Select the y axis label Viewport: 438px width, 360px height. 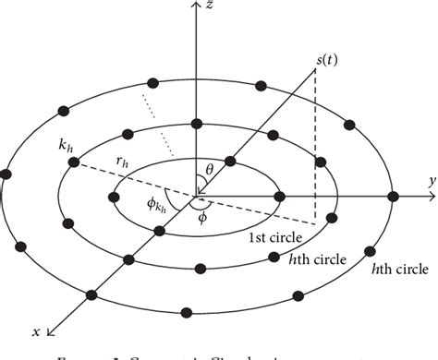pos(431,185)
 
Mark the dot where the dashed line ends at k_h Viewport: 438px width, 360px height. pos(72,163)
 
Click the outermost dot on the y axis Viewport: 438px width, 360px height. pos(393,196)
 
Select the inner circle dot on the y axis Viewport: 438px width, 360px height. pos(281,196)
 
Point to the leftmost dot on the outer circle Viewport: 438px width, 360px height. pos(7,174)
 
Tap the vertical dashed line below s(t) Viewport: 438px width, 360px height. pos(317,148)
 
